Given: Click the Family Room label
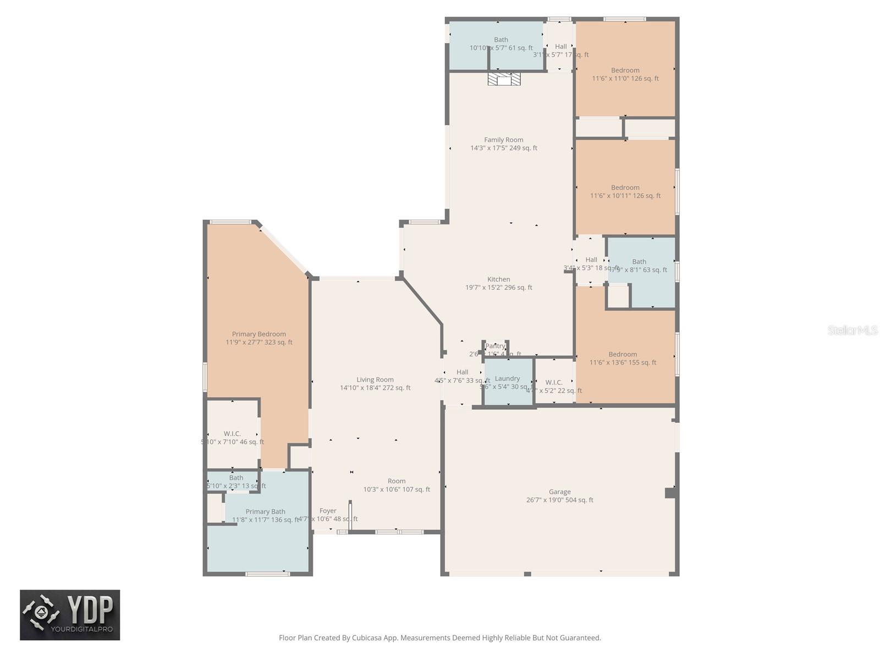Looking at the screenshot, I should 503,140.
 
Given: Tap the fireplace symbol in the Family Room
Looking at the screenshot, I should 504,80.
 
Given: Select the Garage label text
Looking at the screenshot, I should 559,492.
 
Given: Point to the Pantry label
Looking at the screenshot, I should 495,346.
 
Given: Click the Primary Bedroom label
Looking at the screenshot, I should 258,334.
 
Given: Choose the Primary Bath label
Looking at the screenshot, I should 265,512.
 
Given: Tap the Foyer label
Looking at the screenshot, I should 328,511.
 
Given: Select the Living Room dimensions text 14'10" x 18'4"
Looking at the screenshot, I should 375,388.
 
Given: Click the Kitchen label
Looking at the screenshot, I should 498,279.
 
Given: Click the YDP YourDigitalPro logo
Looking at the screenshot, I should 70,615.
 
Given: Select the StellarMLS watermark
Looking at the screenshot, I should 852,331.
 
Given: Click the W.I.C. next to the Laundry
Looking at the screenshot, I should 553,383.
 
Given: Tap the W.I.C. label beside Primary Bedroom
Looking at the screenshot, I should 232,434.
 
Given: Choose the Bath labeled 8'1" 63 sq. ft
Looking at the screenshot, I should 639,266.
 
